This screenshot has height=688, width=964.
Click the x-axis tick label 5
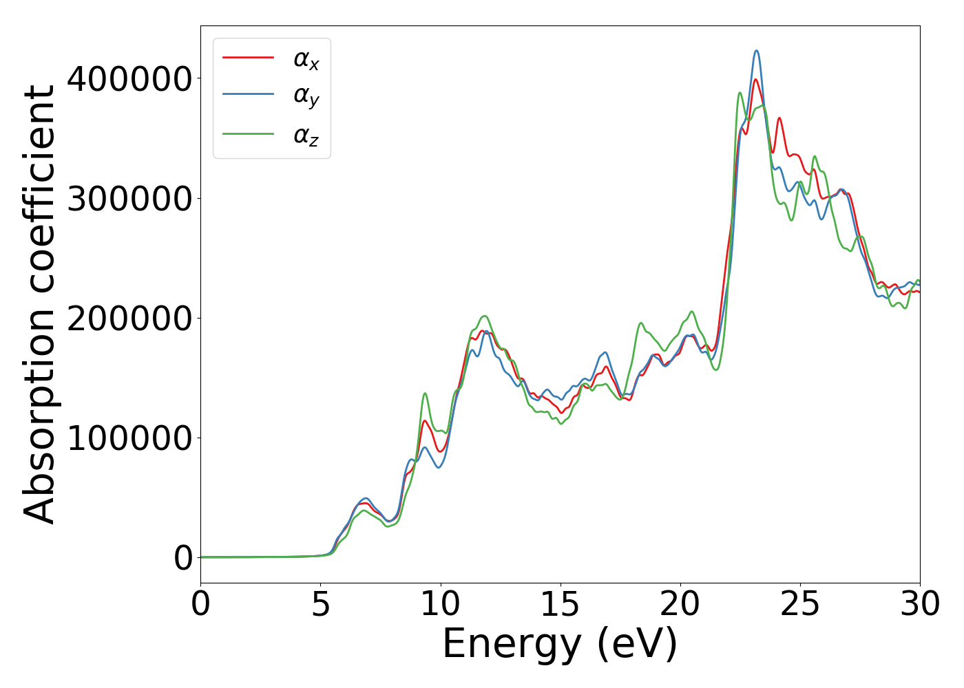pos(320,605)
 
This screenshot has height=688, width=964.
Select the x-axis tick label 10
pos(440,605)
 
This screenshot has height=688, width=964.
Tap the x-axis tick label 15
pos(560,605)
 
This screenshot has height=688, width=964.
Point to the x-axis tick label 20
pos(680,605)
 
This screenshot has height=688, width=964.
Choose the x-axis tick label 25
pos(800,605)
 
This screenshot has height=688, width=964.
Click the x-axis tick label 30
pos(920,605)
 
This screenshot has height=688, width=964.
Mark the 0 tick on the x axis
pos(200,605)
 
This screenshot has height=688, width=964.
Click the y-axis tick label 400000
pos(129,79)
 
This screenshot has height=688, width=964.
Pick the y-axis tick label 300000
pos(129,199)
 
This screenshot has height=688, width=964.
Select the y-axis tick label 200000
pos(129,319)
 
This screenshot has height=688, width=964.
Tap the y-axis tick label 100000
pos(129,438)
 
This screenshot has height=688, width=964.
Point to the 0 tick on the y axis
pos(183,558)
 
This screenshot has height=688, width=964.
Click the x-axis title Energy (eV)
pos(560,645)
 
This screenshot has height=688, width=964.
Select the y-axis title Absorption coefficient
pos(39,305)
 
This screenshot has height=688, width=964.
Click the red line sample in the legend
pos(248,58)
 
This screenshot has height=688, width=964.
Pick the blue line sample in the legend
pos(248,95)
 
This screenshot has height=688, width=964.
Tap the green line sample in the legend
pos(248,133)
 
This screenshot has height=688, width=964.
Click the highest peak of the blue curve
pos(756,50)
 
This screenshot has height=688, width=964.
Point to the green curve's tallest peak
pos(740,93)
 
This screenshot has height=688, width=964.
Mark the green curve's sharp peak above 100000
pos(425,394)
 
